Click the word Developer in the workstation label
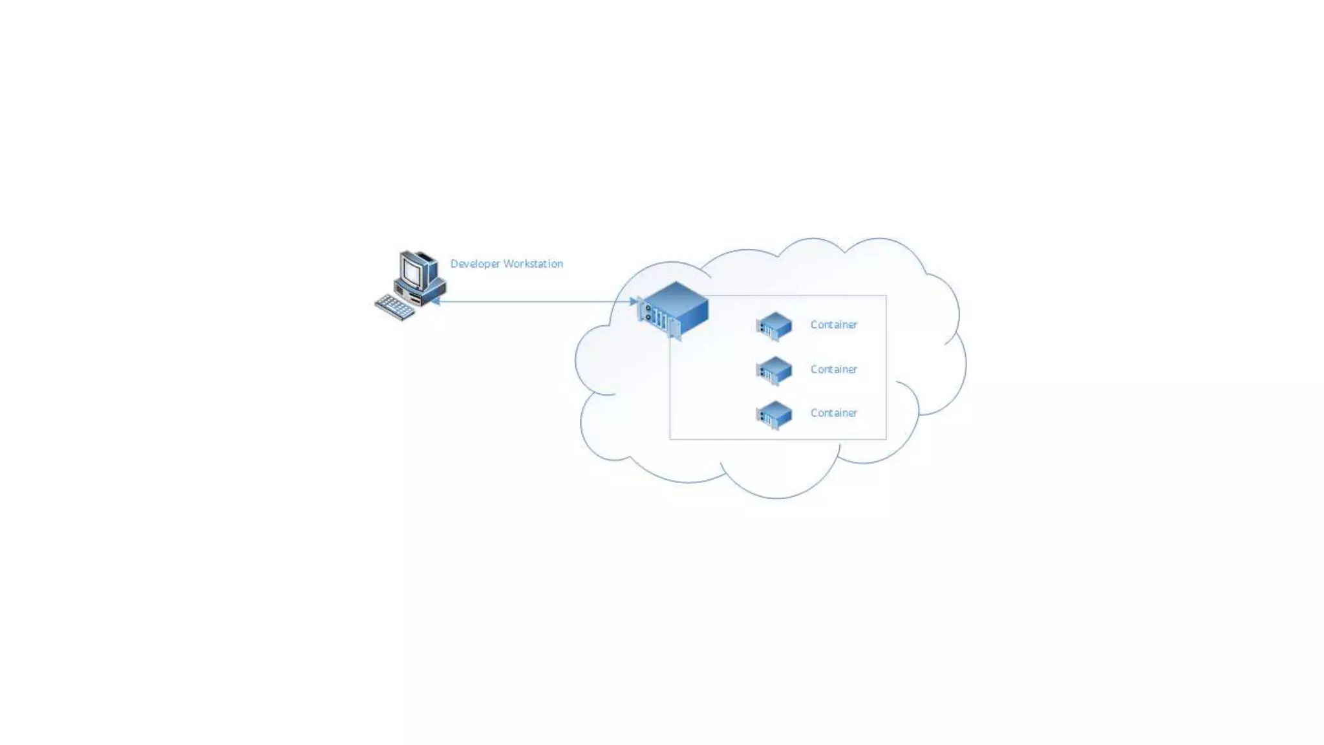pos(475,264)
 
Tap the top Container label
pos(833,325)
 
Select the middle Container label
pos(833,369)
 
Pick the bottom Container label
pos(833,413)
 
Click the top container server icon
pos(774,326)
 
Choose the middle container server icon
pos(774,371)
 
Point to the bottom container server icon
pos(774,415)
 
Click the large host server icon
pos(674,309)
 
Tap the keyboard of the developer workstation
pos(394,307)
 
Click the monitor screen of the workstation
pos(411,270)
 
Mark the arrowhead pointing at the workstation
pos(436,301)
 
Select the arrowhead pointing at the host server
pos(634,301)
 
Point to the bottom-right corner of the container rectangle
pos(886,439)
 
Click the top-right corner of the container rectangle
pos(886,296)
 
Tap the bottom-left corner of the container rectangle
pos(670,439)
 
